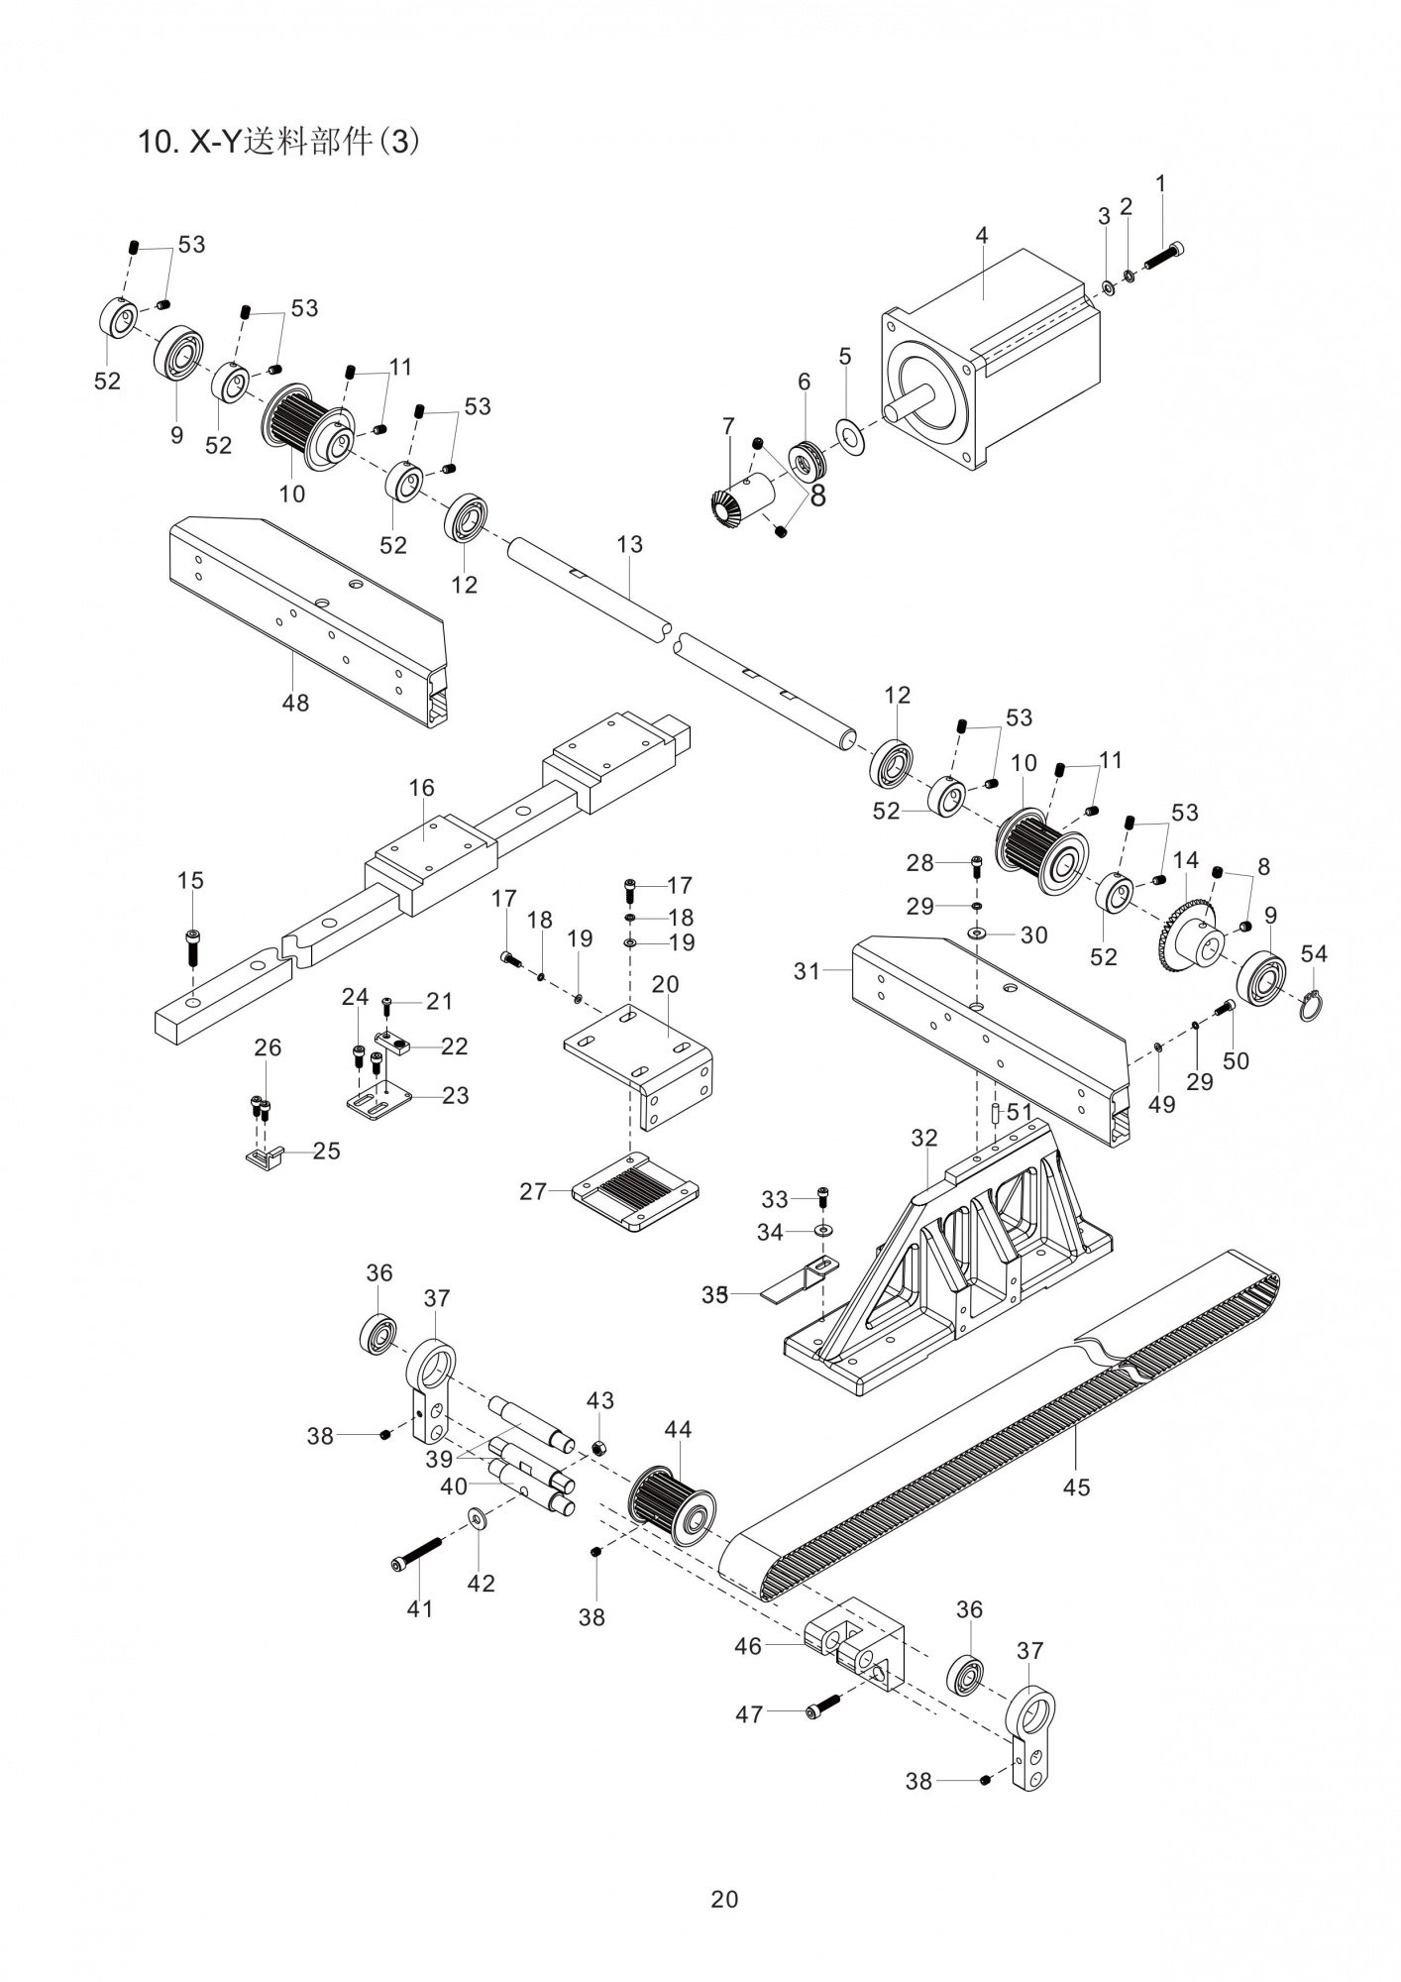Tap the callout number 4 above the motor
pos(981,236)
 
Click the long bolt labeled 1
pos(1165,256)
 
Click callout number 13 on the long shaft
pos(629,545)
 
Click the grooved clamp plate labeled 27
pos(635,1189)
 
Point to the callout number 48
pos(295,704)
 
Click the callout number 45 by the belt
pos(1076,1486)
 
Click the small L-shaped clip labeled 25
pos(264,1156)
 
